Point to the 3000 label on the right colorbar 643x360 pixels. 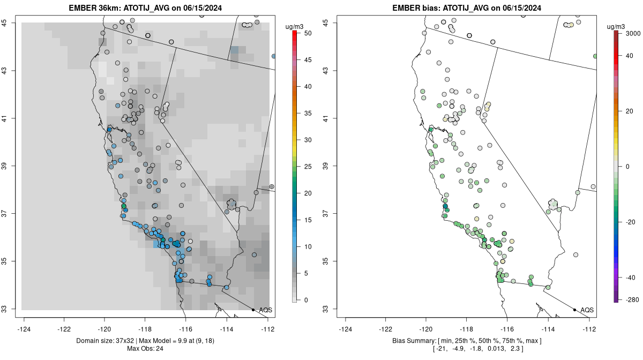click(x=632, y=33)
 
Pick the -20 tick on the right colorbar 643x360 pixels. click(x=631, y=222)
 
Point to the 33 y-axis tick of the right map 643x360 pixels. click(x=332, y=309)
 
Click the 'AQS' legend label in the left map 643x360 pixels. click(x=265, y=310)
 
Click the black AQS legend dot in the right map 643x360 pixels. click(x=574, y=310)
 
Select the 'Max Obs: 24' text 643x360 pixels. click(x=146, y=349)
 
